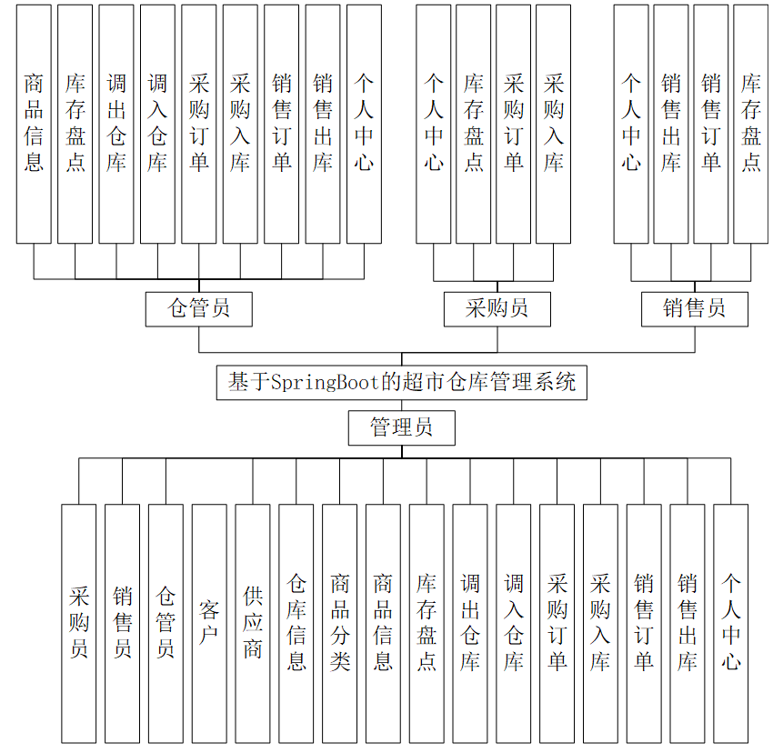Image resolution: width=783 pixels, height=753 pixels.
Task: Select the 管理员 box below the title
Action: [401, 427]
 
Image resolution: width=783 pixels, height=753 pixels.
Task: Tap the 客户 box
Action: [209, 622]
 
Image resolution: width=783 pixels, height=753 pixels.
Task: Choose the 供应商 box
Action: [253, 622]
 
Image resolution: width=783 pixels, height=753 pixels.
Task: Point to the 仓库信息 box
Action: [296, 622]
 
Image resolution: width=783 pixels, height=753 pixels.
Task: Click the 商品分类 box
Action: [340, 622]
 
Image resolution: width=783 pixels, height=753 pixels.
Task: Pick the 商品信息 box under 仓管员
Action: [34, 124]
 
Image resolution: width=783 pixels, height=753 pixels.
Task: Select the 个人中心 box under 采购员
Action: [434, 124]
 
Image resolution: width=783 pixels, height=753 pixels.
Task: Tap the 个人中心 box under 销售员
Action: [631, 124]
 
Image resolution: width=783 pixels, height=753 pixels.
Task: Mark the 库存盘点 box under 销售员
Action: [750, 124]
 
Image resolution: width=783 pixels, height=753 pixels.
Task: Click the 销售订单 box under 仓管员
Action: [282, 124]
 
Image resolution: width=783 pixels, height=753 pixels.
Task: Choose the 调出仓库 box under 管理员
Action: [470, 622]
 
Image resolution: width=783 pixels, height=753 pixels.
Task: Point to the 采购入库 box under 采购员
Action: [553, 124]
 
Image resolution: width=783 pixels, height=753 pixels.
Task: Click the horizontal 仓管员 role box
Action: [199, 309]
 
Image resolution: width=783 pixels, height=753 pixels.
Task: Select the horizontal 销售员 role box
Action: [695, 309]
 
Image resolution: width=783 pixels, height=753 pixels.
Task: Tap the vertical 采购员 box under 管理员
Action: [79, 622]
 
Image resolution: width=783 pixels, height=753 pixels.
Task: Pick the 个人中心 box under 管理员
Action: [731, 622]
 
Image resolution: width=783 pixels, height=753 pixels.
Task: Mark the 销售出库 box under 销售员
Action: [671, 124]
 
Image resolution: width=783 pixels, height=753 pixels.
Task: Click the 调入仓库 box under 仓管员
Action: [158, 124]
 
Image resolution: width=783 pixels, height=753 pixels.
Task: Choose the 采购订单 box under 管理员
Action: [557, 622]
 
